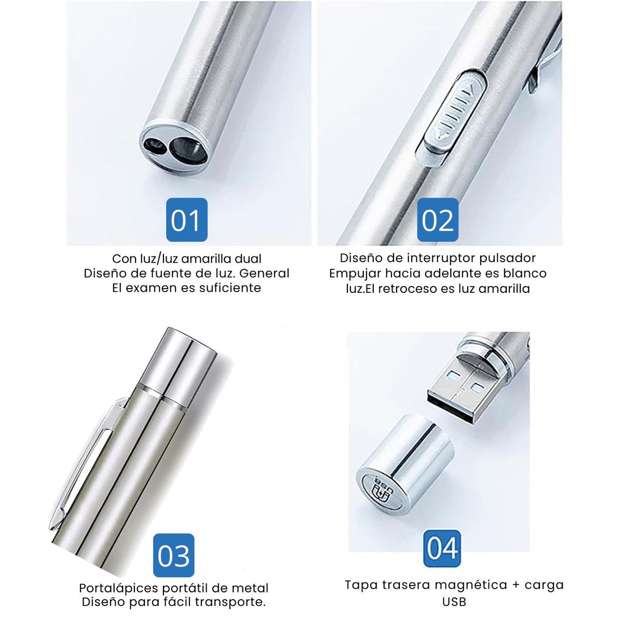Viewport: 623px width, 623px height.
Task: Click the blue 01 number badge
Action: (x=186, y=220)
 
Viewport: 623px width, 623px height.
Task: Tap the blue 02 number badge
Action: (x=438, y=220)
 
